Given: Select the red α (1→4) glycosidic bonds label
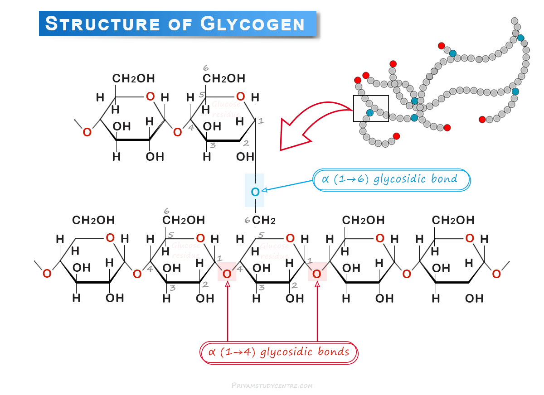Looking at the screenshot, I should [279, 352].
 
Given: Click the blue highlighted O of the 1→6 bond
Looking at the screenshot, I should [255, 192].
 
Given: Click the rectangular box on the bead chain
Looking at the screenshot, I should [371, 109].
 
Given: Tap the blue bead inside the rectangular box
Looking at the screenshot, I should [370, 112].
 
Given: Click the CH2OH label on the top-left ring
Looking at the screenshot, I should [133, 78].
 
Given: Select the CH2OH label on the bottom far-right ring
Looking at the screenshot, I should [452, 220].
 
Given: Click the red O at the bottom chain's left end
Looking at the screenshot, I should [47, 274].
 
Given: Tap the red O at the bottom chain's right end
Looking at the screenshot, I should [496, 274].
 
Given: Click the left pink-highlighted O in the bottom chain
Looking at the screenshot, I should [227, 274].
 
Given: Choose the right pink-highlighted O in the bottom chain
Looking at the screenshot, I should [317, 274].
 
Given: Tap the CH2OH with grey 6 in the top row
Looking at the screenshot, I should [223, 78].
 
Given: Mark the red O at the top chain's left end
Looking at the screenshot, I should [87, 132].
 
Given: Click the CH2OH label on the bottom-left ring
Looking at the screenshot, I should [93, 220].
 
